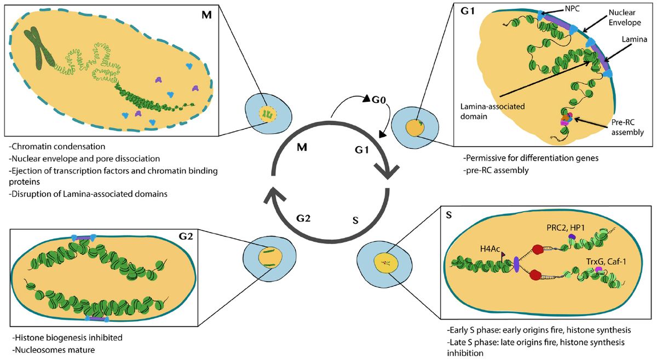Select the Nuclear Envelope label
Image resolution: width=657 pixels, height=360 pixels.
(621, 18)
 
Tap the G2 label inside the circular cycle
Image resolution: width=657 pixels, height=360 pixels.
(304, 218)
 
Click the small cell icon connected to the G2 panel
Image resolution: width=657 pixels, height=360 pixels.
(269, 255)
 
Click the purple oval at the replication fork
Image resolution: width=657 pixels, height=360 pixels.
(516, 264)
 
